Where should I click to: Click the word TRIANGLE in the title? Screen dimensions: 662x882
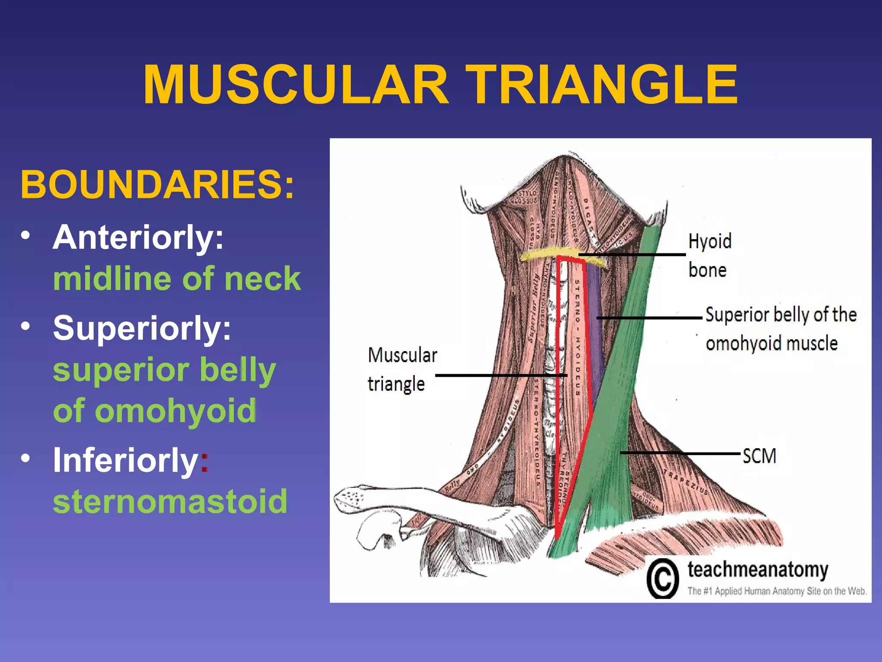coord(602,84)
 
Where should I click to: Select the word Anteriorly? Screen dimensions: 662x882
coord(138,237)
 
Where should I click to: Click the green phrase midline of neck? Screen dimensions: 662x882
coord(177,279)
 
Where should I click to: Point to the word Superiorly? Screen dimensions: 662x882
coord(142,328)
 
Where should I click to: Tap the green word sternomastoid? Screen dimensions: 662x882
coord(170,501)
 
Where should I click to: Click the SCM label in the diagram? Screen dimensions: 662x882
coord(759,456)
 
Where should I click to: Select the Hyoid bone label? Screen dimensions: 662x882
coord(709,255)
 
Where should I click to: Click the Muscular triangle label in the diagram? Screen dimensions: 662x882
coord(402,369)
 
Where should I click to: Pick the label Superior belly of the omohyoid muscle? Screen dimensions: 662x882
coord(780,329)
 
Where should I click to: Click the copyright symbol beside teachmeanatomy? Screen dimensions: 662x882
coord(662,579)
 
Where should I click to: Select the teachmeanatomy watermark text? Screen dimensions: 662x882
coord(758,570)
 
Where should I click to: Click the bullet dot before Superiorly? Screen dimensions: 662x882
coord(26,326)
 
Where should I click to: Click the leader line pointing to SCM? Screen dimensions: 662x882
coord(680,453)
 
